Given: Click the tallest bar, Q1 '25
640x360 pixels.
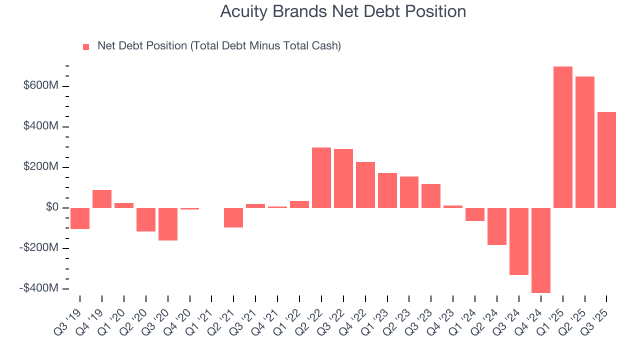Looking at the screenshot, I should (562, 137).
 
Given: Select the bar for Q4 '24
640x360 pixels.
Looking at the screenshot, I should (540, 250).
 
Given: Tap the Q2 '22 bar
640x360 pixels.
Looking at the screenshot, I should (321, 177).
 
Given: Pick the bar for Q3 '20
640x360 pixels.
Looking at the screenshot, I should (167, 224).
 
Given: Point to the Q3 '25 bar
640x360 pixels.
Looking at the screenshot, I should (606, 160).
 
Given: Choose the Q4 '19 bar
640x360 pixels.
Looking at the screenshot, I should (102, 199).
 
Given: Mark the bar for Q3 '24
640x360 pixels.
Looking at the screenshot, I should (518, 241).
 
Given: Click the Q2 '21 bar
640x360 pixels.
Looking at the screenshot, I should (233, 217).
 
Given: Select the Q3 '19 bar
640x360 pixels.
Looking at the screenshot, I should (80, 218).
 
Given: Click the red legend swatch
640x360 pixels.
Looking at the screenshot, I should (86, 47).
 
